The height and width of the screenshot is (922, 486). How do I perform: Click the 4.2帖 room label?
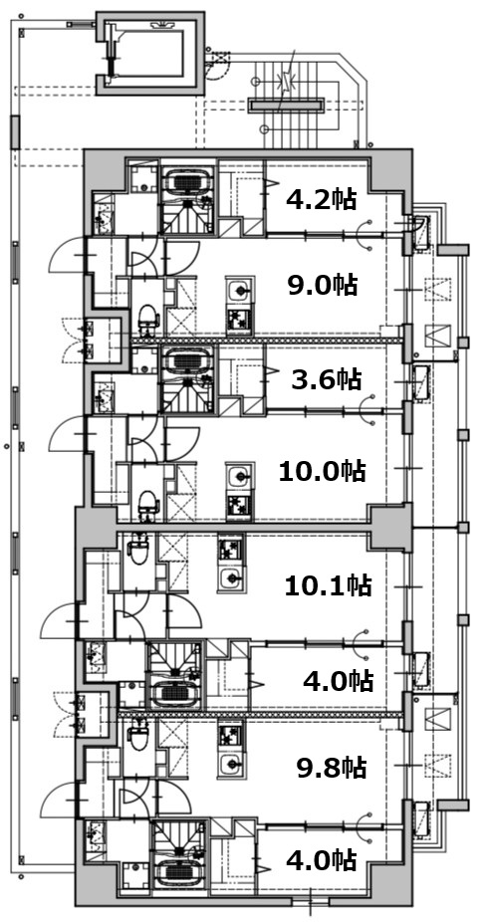[321, 200]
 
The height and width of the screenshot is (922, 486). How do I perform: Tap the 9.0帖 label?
[323, 286]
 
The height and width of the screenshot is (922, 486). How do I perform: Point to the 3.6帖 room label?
[326, 380]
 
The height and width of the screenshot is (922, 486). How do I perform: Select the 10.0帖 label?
[322, 472]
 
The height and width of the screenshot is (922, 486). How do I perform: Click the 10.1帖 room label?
[328, 585]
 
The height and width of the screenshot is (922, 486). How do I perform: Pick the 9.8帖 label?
[332, 768]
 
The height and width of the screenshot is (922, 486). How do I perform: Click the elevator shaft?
[150, 53]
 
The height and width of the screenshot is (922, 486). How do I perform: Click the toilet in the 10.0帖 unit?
[147, 505]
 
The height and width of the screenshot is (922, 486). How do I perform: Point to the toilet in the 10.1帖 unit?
[138, 548]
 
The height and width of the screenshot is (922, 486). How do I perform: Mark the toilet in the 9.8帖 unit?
[138, 733]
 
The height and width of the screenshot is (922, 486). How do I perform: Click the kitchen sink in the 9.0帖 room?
[239, 290]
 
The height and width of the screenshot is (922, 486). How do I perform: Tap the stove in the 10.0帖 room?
[239, 505]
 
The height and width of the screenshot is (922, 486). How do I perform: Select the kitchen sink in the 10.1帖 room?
[231, 578]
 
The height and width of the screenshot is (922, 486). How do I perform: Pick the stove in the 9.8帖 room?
[231, 735]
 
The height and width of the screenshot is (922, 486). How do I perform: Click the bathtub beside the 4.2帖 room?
[187, 181]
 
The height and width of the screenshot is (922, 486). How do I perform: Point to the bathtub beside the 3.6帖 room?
[187, 359]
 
